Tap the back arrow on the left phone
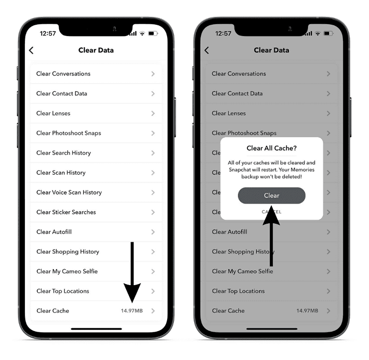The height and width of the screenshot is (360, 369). click(32, 50)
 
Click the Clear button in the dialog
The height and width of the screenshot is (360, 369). click(271, 195)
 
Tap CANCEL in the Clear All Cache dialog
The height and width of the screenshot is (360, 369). click(271, 212)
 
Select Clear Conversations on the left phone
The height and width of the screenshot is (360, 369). click(63, 73)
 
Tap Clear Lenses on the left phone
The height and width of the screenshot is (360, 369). click(53, 113)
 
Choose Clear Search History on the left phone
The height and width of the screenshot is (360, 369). click(63, 153)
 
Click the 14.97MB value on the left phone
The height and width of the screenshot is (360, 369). click(132, 311)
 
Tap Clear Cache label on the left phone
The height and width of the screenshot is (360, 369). click(53, 311)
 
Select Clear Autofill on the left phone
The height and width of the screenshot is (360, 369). click(54, 232)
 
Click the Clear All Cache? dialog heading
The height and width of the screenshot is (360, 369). click(271, 148)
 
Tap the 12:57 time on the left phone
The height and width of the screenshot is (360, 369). click(48, 34)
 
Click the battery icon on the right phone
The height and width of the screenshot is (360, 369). click(328, 34)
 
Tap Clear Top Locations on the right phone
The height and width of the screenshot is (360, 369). click(238, 291)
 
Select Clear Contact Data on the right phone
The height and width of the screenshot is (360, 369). click(237, 93)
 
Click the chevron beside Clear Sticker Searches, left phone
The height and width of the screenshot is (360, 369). click(153, 212)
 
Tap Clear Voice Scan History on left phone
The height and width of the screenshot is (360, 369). click(69, 192)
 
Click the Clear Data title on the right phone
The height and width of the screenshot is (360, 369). click(271, 50)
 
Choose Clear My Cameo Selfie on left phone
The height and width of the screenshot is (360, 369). click(67, 271)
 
